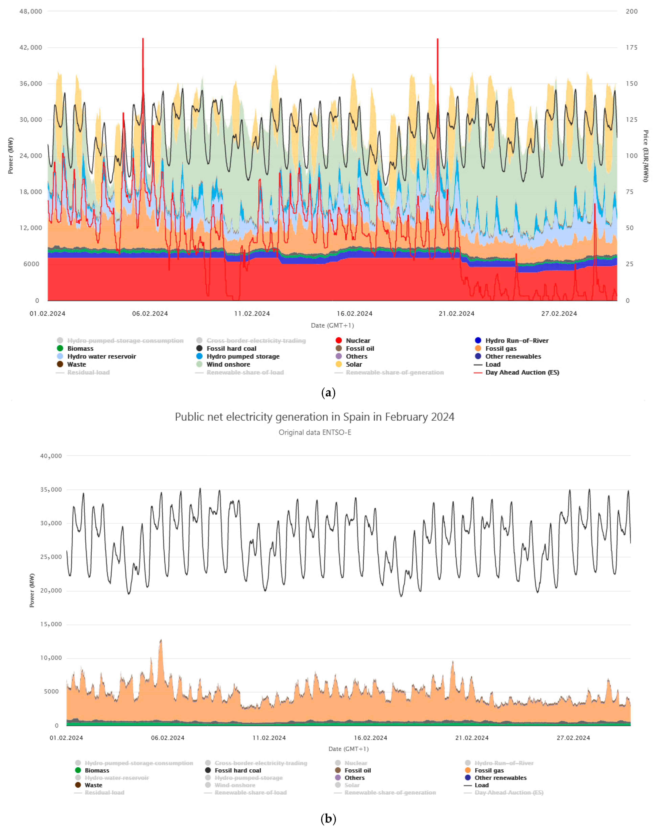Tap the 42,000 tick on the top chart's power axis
[x=31, y=47]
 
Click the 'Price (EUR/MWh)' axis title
[x=645, y=156]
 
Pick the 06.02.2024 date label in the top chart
[x=150, y=313]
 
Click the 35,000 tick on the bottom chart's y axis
[x=51, y=490]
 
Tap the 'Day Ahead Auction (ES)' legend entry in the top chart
[x=522, y=372]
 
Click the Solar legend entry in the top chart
[x=354, y=364]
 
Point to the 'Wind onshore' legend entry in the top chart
[x=228, y=364]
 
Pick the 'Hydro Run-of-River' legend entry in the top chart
[x=517, y=340]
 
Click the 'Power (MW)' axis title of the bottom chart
[x=32, y=590]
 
